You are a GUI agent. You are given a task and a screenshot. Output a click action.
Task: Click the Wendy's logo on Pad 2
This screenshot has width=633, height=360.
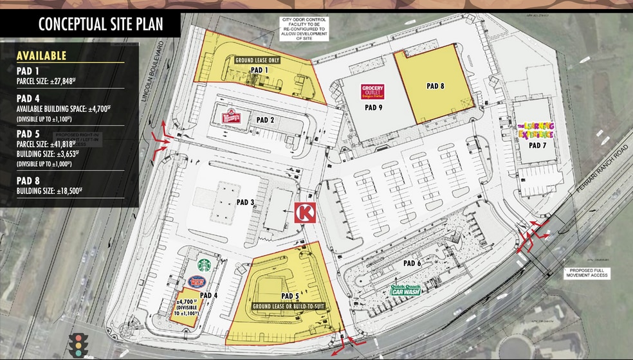(230, 118)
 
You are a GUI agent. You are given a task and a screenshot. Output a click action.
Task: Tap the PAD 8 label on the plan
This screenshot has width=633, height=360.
(436, 85)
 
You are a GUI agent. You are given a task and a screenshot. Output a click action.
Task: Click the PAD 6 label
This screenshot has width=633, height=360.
(412, 263)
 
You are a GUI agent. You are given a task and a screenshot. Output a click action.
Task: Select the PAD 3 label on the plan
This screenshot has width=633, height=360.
(245, 203)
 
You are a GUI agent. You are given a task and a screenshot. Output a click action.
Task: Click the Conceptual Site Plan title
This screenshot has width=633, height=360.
(100, 24)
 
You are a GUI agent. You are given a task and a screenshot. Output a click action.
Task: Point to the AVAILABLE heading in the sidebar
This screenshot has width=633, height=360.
(42, 56)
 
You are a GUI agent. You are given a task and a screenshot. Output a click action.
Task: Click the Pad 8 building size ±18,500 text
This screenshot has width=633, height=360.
(50, 192)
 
